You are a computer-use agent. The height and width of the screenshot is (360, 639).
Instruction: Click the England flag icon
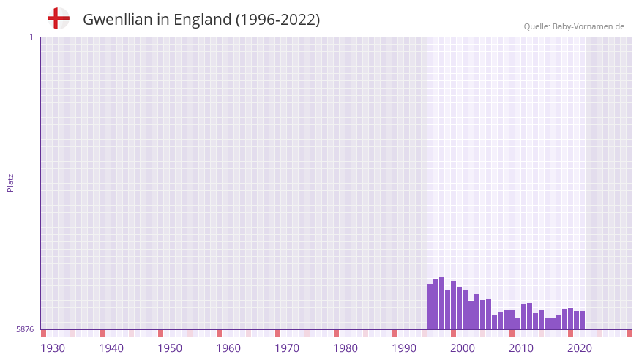[58, 19]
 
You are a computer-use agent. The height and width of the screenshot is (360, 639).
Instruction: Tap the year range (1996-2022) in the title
[277, 20]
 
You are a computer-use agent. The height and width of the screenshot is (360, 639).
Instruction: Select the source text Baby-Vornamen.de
[588, 26]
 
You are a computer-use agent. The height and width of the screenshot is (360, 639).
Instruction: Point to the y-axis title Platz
[10, 182]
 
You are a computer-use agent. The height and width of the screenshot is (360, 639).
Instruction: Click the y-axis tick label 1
[31, 37]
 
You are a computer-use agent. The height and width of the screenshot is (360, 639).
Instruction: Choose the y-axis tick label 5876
[25, 329]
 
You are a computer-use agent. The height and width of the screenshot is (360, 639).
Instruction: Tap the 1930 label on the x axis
[53, 348]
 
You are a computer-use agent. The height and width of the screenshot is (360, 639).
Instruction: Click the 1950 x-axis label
[170, 348]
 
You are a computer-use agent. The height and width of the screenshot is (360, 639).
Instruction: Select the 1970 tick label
[287, 348]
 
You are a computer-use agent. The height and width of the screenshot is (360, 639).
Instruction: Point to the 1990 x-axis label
[404, 348]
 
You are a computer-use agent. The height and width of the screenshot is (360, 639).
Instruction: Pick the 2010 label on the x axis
[521, 348]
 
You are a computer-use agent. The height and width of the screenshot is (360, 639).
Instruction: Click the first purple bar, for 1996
[430, 307]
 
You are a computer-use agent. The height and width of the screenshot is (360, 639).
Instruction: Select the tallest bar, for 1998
[442, 304]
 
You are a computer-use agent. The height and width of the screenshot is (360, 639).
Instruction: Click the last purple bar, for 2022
[582, 320]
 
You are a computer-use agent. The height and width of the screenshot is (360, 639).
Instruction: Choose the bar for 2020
[570, 319]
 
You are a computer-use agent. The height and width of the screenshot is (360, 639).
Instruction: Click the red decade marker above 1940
[102, 333]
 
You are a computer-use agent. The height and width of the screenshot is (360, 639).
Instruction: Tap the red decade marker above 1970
[277, 333]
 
